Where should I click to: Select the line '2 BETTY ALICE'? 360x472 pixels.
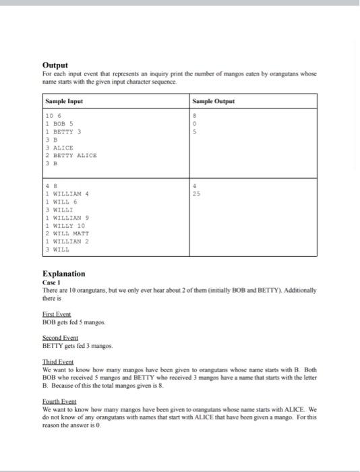70,154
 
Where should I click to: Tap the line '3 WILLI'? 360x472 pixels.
59,210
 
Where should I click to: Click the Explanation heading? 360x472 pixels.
63,274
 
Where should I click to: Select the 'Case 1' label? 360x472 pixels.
52,282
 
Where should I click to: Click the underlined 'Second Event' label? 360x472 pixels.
60,338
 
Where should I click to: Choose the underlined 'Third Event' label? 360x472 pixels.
57,362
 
